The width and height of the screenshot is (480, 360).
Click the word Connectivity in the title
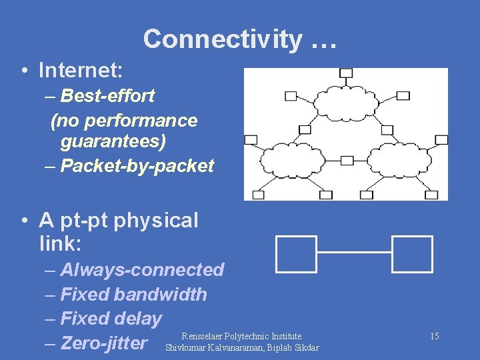click(222, 39)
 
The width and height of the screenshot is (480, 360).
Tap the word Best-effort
click(107, 95)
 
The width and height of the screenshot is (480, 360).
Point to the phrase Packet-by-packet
click(137, 166)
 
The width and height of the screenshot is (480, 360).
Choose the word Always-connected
click(142, 270)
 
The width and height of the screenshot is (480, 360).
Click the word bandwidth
click(160, 294)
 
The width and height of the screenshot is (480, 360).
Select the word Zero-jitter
click(103, 343)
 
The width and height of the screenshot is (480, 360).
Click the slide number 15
click(434, 336)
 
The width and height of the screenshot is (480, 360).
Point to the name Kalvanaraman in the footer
click(238, 347)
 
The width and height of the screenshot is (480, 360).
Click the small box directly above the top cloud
click(346, 73)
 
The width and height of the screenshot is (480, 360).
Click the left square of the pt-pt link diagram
click(296, 253)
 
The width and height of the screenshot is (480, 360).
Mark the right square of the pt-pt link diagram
click(412, 253)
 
